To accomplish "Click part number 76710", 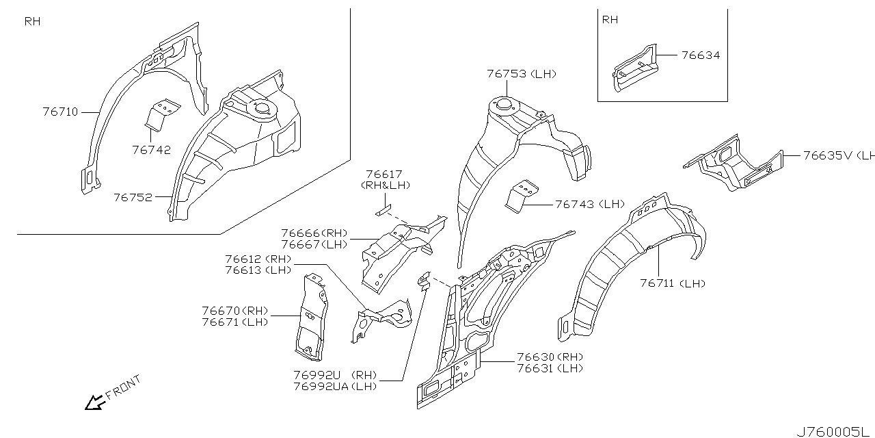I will [x=60, y=112].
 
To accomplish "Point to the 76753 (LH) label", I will [x=521, y=74].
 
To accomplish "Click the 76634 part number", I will [x=700, y=55].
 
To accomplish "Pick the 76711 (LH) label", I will [x=672, y=283].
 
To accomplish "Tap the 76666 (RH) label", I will [x=314, y=233].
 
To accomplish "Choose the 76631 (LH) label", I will [x=550, y=368].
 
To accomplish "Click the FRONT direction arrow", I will [x=92, y=404].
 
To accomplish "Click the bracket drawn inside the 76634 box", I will [x=634, y=68].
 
